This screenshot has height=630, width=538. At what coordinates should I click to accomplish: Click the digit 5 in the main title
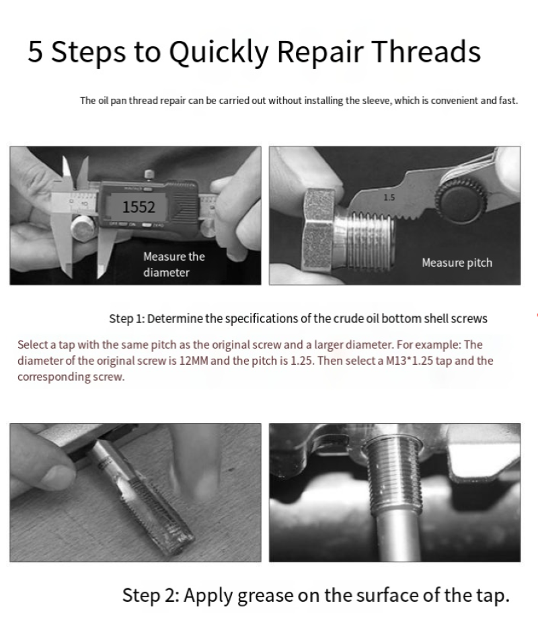(35, 51)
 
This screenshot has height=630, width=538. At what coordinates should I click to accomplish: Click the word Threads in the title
(426, 51)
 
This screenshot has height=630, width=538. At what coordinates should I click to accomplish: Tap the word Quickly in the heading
(219, 52)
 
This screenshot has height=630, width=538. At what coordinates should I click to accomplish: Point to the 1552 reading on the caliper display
(139, 207)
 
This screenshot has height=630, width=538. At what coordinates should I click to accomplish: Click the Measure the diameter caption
(174, 264)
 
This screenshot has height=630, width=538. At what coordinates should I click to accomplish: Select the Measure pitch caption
(457, 263)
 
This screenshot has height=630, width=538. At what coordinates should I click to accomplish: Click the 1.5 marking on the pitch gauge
(389, 197)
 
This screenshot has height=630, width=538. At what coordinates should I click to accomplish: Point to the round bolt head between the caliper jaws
(83, 228)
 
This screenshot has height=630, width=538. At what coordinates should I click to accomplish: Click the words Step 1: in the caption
(126, 318)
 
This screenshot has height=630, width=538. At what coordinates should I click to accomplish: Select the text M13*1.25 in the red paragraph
(410, 361)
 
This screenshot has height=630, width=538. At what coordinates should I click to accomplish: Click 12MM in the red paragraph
(194, 361)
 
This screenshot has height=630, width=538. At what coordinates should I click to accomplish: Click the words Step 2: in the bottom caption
(151, 595)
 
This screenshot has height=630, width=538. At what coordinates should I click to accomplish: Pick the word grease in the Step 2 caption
(265, 596)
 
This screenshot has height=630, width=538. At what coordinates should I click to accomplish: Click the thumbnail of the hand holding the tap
(136, 492)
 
